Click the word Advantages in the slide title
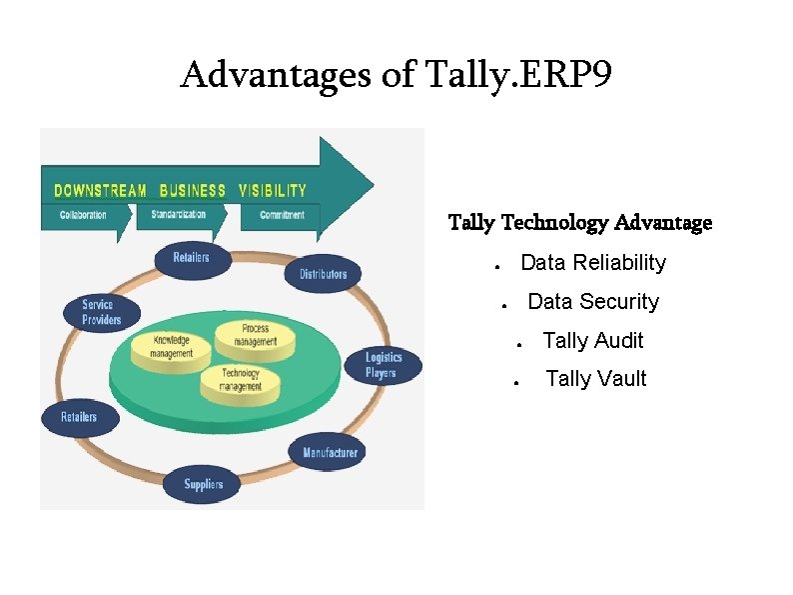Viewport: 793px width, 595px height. tap(275, 75)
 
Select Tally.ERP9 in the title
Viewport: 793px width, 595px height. tap(518, 75)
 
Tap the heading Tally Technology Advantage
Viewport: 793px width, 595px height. tap(580, 222)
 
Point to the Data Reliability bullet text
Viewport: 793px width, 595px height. tap(593, 263)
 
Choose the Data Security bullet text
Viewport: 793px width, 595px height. tap(593, 302)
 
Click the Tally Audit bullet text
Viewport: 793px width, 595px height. tap(592, 341)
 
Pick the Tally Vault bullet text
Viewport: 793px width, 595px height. tap(596, 379)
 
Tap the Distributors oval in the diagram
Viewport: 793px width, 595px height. tap(323, 273)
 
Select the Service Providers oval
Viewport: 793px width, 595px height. tap(102, 312)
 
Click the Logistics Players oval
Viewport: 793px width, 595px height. tap(383, 365)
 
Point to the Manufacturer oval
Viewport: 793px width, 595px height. tap(330, 453)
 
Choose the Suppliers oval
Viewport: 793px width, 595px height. tap(203, 484)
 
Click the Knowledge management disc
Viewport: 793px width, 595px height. tap(173, 347)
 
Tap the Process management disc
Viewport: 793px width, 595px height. tap(255, 335)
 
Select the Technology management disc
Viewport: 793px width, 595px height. tap(240, 380)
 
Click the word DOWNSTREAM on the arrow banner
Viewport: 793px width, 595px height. tap(100, 190)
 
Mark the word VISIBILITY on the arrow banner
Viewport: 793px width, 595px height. tap(273, 190)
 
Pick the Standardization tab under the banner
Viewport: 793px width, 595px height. tap(179, 215)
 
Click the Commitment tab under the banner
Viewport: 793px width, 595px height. tap(281, 215)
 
